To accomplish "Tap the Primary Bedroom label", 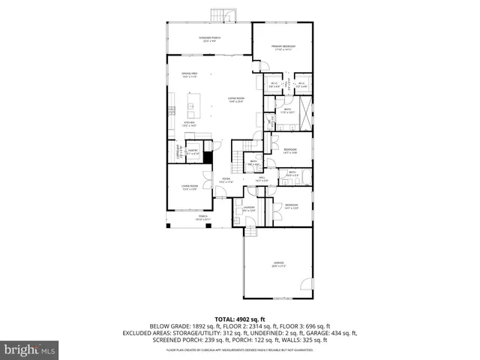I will point(283,47).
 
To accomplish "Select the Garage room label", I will point(278,263).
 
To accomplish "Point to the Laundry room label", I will point(249,208).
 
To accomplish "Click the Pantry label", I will point(192,151).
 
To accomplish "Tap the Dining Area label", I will point(189,73).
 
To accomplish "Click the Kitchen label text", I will point(190,122).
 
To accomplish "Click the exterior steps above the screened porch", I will point(220,15).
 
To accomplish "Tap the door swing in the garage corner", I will point(305,283).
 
